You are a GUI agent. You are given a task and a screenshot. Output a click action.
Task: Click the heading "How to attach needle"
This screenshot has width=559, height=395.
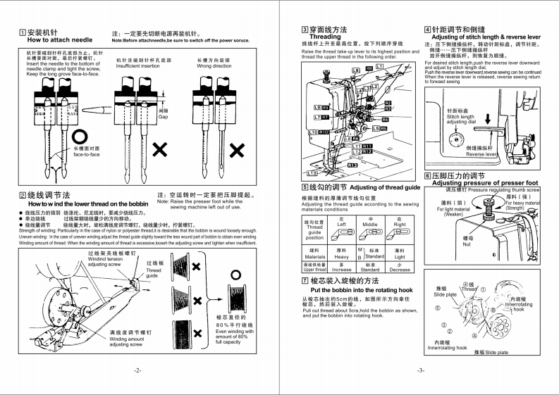(57, 41)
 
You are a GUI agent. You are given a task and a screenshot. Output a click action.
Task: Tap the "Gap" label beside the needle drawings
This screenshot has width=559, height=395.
(163, 115)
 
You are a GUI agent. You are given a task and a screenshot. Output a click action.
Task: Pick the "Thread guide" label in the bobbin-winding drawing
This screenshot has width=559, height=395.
(154, 273)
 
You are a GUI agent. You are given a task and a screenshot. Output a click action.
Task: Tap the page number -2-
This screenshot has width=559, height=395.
(138, 370)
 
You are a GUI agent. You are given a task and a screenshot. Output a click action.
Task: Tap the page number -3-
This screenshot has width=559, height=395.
(420, 370)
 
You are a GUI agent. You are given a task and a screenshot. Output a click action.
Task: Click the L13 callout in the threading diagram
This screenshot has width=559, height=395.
(313, 173)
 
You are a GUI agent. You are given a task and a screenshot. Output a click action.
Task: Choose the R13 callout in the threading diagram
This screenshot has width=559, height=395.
(352, 165)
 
